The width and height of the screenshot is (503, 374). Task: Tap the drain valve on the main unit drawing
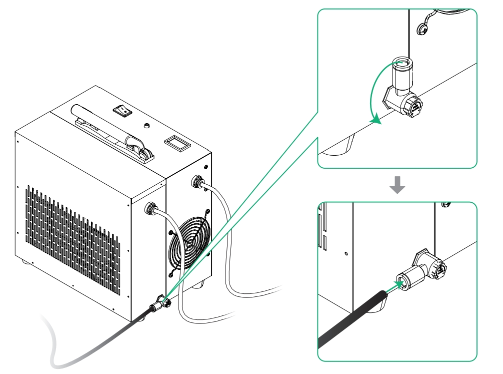161,301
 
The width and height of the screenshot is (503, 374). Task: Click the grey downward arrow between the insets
397,185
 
